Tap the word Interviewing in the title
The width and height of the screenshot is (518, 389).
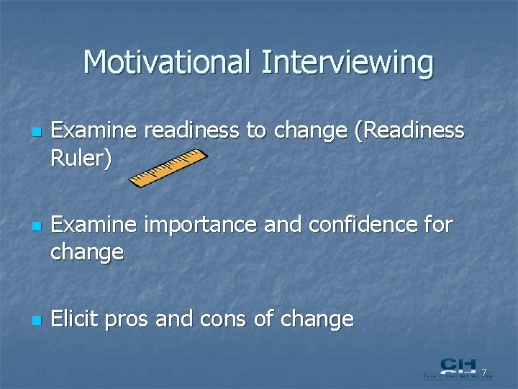(x=347, y=62)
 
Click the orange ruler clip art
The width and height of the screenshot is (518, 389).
(x=168, y=169)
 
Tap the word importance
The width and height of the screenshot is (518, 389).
(x=199, y=225)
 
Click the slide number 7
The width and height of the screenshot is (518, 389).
(x=484, y=372)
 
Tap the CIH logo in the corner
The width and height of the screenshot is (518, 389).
(x=457, y=367)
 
